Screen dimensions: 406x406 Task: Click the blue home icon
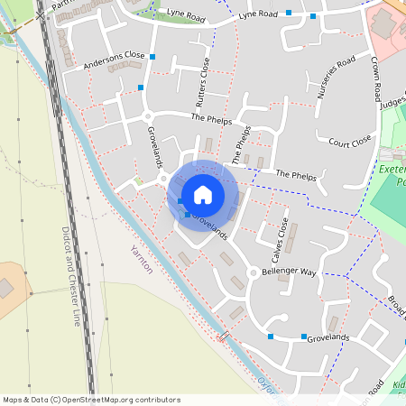click(x=203, y=194)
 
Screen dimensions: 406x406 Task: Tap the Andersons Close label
click(x=114, y=60)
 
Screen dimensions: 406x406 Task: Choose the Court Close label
click(x=350, y=142)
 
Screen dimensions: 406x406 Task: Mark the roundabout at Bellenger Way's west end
click(x=253, y=272)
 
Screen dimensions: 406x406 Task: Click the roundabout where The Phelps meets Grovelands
click(x=148, y=116)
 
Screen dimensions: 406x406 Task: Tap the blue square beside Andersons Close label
click(x=153, y=58)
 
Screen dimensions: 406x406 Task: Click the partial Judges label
click(x=393, y=105)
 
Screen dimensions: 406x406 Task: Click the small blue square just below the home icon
click(x=188, y=215)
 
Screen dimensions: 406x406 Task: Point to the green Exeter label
click(x=392, y=171)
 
